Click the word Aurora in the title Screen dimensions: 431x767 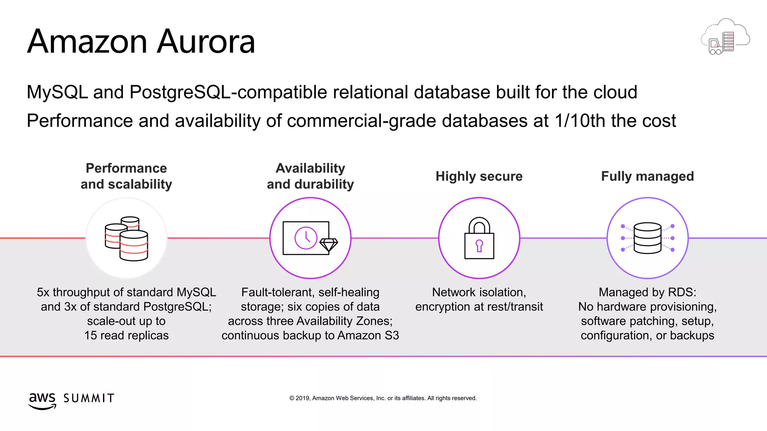tap(206, 42)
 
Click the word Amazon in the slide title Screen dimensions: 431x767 tap(87, 42)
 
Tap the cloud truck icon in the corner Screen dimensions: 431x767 tap(725, 37)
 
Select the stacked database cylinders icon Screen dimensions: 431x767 tap(127, 238)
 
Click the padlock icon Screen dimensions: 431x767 tap(479, 238)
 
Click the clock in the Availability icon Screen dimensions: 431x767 tap(306, 238)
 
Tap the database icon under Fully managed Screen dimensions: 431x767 tap(648, 238)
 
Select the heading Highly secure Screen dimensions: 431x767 tap(479, 176)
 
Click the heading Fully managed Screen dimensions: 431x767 tap(648, 176)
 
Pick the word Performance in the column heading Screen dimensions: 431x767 tap(126, 168)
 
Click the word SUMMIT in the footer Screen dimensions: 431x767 tap(89, 398)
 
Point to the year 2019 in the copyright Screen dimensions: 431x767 tap(302, 398)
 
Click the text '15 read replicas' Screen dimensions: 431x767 tap(127, 336)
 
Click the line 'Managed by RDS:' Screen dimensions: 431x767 tap(648, 292)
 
